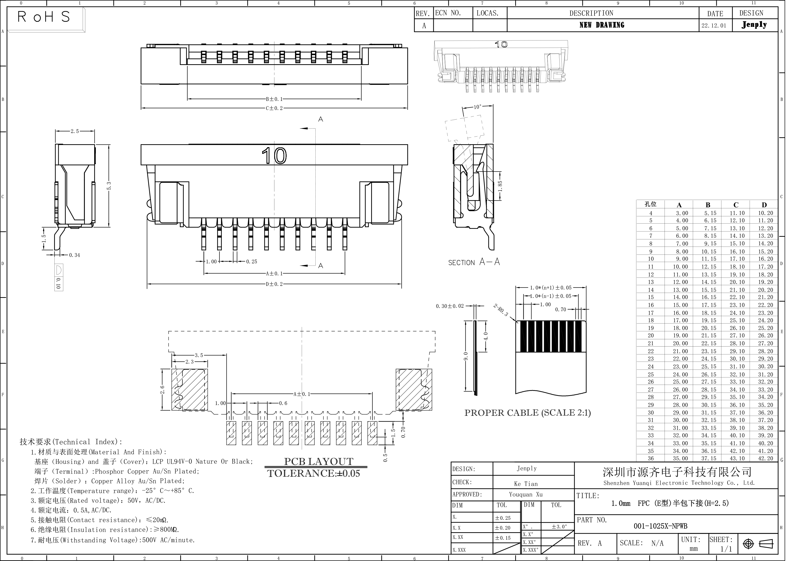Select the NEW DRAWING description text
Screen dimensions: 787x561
[x=602, y=25]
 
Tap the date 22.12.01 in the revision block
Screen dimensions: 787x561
[x=714, y=26]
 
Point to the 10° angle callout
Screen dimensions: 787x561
[x=477, y=107]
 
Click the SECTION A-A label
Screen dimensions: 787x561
[x=474, y=262]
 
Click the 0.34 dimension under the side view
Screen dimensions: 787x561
[x=74, y=255]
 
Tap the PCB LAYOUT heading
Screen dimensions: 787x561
[x=318, y=462]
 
